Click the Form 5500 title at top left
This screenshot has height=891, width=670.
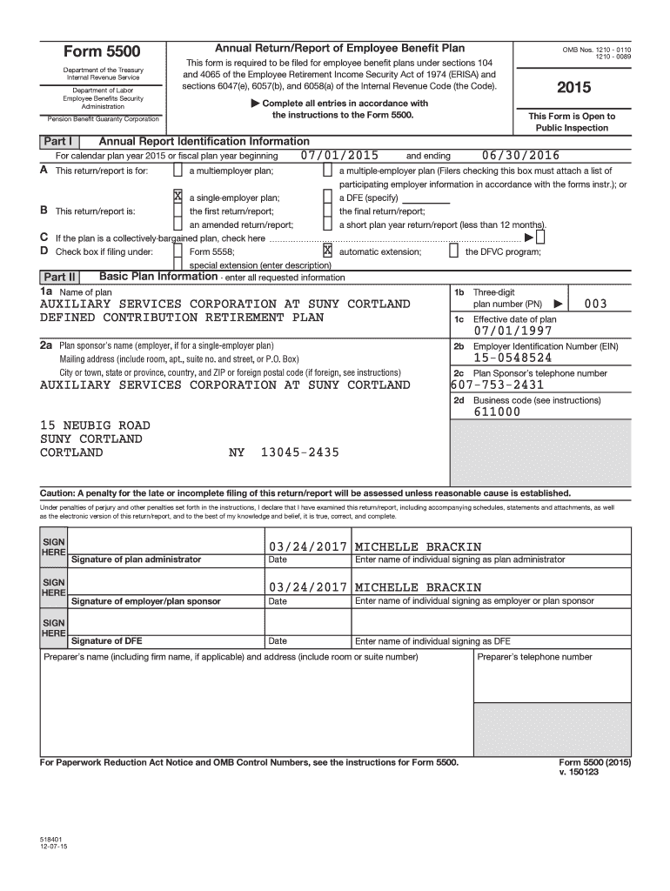coord(103,52)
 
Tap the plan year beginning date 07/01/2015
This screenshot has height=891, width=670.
coord(339,156)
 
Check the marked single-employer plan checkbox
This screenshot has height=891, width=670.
coord(178,197)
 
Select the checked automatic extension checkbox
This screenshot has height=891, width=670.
coord(328,251)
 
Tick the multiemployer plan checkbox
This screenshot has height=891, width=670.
coord(178,171)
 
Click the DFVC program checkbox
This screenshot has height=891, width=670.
coord(453,251)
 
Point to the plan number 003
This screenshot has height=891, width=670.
coord(595,304)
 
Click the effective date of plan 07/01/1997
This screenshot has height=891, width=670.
coord(513,332)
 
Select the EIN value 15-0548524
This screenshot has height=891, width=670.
coord(513,358)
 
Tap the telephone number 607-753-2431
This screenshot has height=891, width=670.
coord(498,385)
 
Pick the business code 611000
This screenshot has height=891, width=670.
coord(498,412)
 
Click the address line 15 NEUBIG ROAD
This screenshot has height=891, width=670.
coord(95,425)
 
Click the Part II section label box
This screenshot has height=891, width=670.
coord(59,278)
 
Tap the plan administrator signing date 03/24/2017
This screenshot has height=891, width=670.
coord(308,546)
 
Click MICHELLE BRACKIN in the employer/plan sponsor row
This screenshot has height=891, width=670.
coord(418,587)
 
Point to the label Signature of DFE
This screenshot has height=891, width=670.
coord(107,641)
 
